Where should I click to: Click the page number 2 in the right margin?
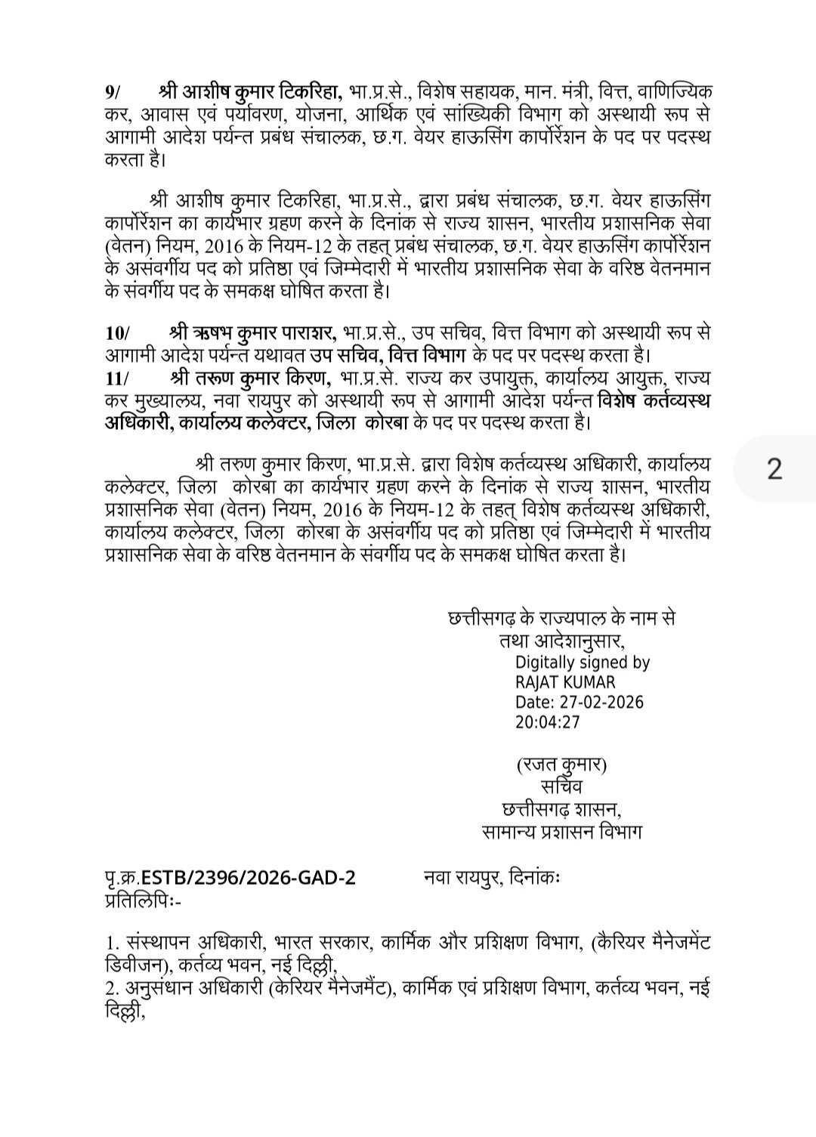coord(774,470)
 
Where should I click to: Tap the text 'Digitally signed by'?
coord(582,663)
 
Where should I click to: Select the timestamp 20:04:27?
coord(548,721)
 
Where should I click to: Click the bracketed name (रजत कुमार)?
coord(562,765)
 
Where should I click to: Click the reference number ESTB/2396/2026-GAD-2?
coord(248,878)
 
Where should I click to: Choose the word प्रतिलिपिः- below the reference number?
coord(143,900)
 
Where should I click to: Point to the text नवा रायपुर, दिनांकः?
coord(490,878)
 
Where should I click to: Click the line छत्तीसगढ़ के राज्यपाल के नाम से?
coord(561,618)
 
